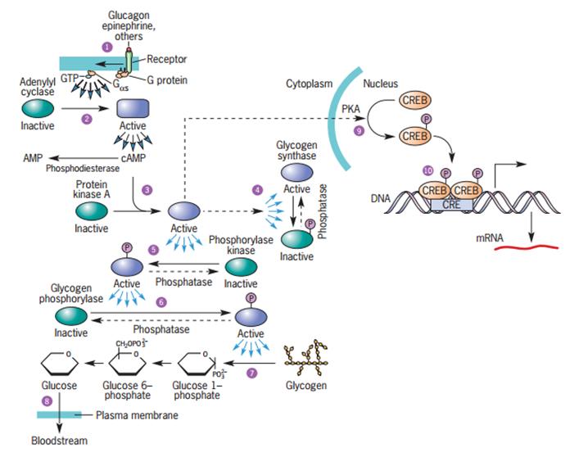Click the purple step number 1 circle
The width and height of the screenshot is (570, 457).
[106, 47]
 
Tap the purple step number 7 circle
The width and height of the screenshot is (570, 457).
[252, 373]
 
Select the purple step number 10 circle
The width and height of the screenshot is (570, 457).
[427, 170]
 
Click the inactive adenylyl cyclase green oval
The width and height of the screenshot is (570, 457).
[38, 108]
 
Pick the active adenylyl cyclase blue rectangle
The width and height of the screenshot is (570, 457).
[134, 109]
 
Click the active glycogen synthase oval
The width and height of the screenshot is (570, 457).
[297, 174]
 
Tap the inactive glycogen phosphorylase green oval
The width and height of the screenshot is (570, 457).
[71, 314]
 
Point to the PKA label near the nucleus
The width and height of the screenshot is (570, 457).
[350, 108]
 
